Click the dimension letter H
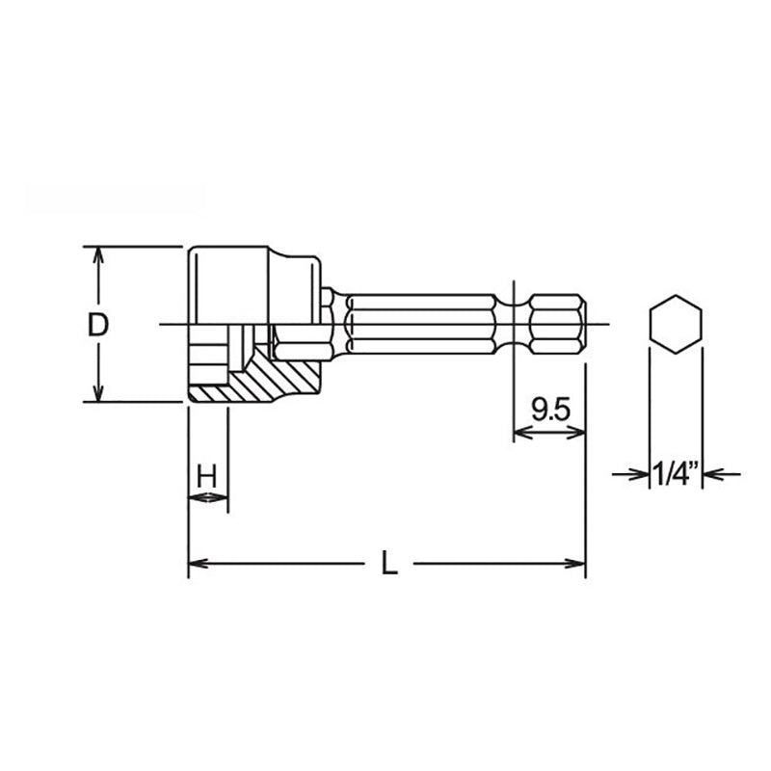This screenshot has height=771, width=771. (206, 475)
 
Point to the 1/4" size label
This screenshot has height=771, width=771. (675, 473)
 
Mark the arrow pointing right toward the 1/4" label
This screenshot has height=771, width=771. (637, 473)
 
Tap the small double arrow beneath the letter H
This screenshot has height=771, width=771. (208, 497)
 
